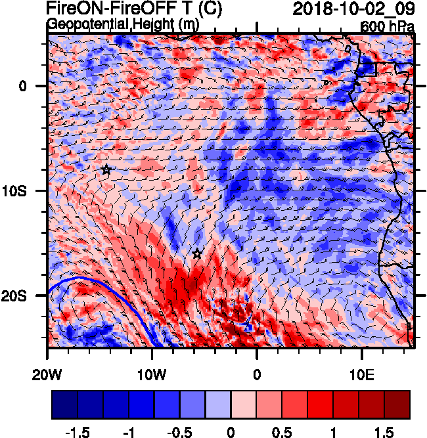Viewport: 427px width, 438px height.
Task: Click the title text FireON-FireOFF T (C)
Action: click(x=135, y=9)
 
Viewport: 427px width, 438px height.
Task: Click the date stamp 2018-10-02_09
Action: click(x=351, y=9)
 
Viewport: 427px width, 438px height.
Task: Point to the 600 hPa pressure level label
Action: click(x=387, y=27)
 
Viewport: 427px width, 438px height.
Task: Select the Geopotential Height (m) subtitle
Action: click(x=122, y=24)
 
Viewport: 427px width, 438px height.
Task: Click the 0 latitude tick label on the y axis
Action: click(x=22, y=86)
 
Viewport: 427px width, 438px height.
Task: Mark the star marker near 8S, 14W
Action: click(x=106, y=169)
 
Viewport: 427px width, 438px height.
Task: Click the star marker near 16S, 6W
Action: click(x=197, y=253)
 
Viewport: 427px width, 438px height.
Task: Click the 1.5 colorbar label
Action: click(x=386, y=431)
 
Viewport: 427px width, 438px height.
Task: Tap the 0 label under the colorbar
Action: click(x=231, y=431)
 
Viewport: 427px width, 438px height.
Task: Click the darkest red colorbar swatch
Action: click(x=397, y=405)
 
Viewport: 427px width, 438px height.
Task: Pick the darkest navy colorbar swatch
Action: click(x=64, y=405)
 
